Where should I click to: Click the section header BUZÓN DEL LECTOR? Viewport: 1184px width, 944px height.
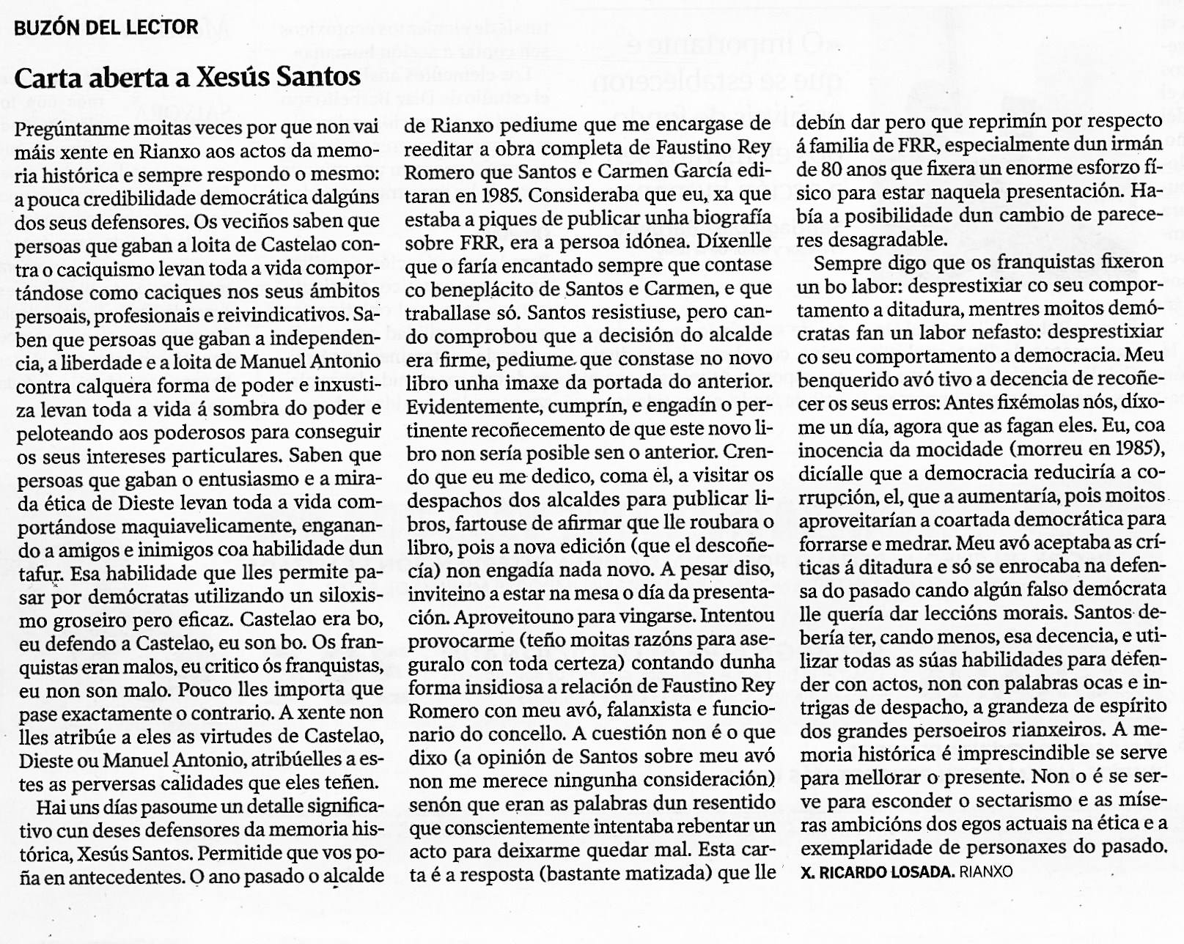pyautogui.click(x=106, y=28)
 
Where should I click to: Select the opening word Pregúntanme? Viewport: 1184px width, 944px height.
pyautogui.click(x=72, y=128)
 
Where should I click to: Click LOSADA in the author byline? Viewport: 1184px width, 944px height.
pyautogui.click(x=919, y=871)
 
